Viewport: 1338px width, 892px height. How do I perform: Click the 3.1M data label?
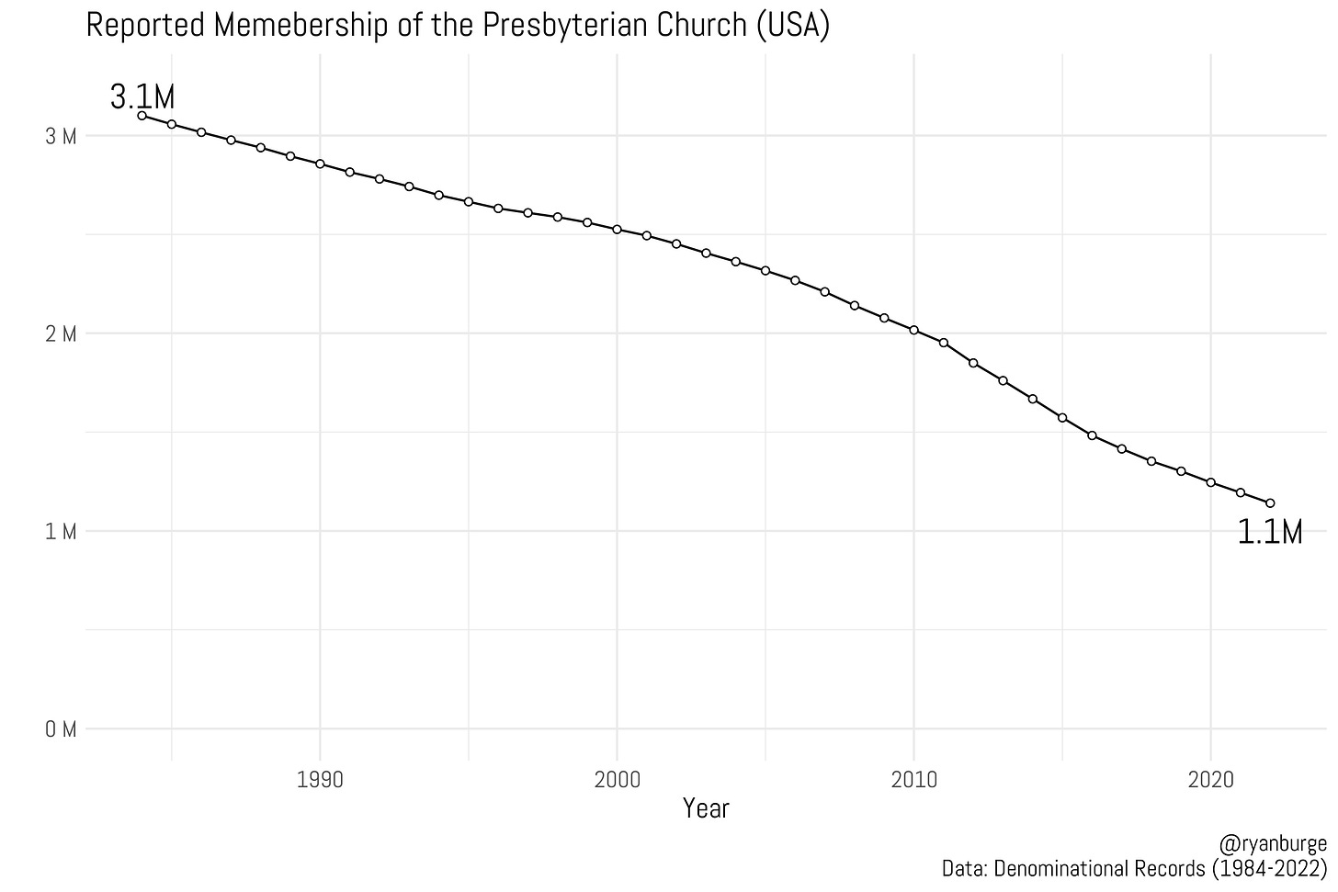[x=142, y=96]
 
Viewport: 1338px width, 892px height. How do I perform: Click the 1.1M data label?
[x=1269, y=533]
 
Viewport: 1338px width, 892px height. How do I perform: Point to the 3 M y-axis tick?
[x=62, y=136]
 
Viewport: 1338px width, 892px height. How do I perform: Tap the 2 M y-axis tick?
[x=62, y=333]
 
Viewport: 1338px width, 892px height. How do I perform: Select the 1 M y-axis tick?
[x=62, y=532]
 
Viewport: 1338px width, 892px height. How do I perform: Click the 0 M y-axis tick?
[x=62, y=729]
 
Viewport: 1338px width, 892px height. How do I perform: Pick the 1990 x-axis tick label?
[x=320, y=780]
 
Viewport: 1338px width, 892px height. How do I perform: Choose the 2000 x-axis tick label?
[x=617, y=780]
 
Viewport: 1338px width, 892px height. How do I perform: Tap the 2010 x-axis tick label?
[x=913, y=780]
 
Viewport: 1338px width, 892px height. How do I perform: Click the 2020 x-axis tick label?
[x=1210, y=780]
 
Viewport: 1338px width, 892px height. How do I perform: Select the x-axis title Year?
[x=706, y=808]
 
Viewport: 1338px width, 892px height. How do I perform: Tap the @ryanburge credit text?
[x=1272, y=844]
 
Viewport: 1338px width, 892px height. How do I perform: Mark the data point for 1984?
[x=142, y=116]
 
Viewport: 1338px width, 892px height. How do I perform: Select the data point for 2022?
[x=1270, y=503]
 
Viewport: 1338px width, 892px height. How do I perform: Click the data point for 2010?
[x=913, y=330]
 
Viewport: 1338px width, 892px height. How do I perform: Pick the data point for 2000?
[x=617, y=229]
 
